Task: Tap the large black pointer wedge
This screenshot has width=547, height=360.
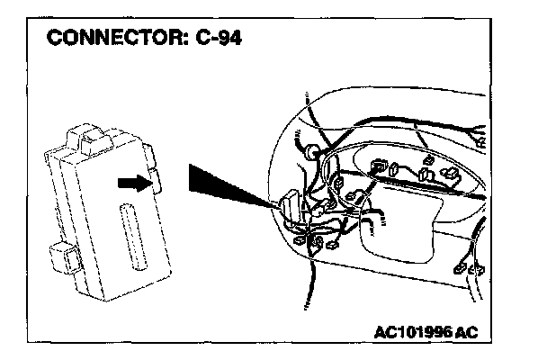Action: click(x=220, y=184)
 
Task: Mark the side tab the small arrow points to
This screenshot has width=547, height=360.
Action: click(x=154, y=179)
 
